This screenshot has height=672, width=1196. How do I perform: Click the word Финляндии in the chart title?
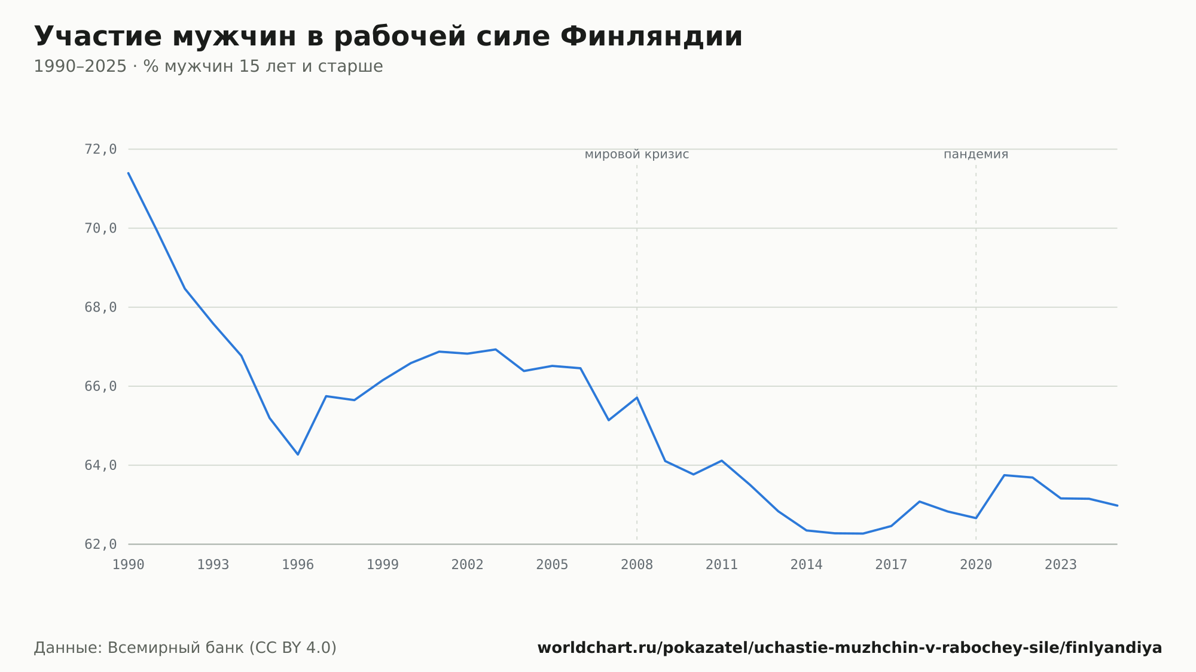coord(651,37)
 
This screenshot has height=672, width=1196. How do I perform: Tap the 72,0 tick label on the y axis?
coord(100,149)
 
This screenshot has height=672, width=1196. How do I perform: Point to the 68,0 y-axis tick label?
coord(100,307)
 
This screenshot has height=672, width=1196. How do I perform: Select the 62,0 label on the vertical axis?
coord(100,545)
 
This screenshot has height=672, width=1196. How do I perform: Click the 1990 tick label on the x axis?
coord(129,565)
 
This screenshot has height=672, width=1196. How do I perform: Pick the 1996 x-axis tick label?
coord(298,565)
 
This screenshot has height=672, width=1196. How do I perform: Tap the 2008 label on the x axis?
coord(637,565)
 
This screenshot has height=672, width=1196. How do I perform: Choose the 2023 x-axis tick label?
coord(1061,565)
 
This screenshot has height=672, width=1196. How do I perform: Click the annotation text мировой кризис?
coord(637,155)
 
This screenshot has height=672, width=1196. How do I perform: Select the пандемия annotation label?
coord(976,155)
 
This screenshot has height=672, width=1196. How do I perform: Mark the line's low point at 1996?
coord(298,454)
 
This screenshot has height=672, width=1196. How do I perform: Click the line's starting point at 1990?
coord(129,173)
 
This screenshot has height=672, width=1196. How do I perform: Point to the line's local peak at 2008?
coord(637,398)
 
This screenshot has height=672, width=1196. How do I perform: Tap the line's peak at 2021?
coord(1004,475)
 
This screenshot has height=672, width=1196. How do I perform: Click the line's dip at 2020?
coord(976,518)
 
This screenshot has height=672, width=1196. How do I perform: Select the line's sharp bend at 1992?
coord(185,288)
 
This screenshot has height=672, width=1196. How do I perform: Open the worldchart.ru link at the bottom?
coord(850,648)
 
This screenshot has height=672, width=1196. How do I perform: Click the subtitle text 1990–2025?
coord(80,66)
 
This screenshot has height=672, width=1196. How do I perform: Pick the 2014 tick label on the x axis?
coord(807,565)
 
